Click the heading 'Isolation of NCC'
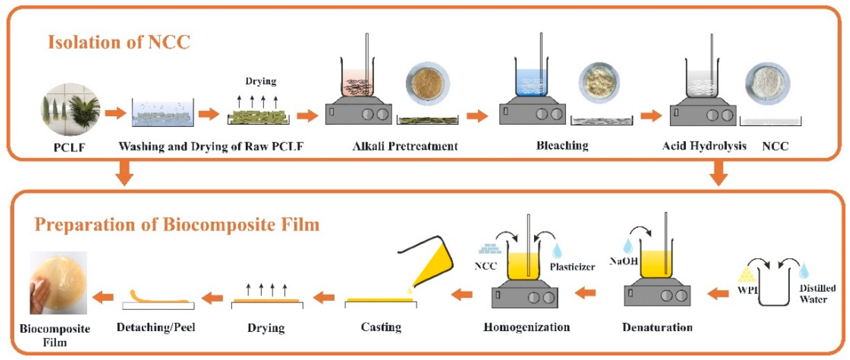pyautogui.click(x=119, y=42)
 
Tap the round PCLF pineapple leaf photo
pyautogui.click(x=70, y=109)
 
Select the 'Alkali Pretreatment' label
pyautogui.click(x=405, y=146)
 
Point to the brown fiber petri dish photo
pyautogui.click(x=428, y=83)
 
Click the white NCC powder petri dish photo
pyautogui.click(x=767, y=83)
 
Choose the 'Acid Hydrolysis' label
pyautogui.click(x=704, y=146)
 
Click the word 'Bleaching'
pyautogui.click(x=562, y=146)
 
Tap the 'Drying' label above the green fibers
pyautogui.click(x=261, y=81)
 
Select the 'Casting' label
pyautogui.click(x=381, y=327)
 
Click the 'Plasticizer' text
pyautogui.click(x=572, y=267)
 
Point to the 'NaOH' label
pyautogui.click(x=623, y=261)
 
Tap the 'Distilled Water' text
pyautogui.click(x=817, y=294)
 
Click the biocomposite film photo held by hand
pyautogui.click(x=59, y=283)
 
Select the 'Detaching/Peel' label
pyautogui.click(x=156, y=327)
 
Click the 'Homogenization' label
pyautogui.click(x=526, y=327)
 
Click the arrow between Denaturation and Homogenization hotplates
pyautogui.click(x=585, y=292)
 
